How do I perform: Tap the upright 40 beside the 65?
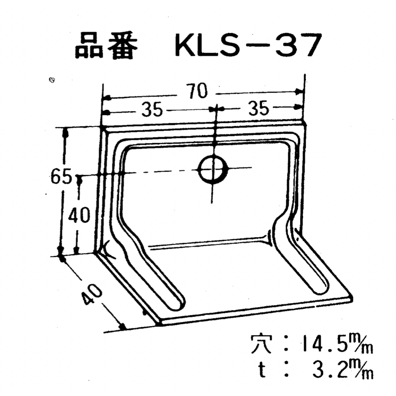click(79, 216)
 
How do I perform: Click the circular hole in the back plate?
click(213, 169)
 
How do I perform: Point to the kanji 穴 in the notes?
click(261, 343)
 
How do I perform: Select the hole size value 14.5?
click(320, 345)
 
